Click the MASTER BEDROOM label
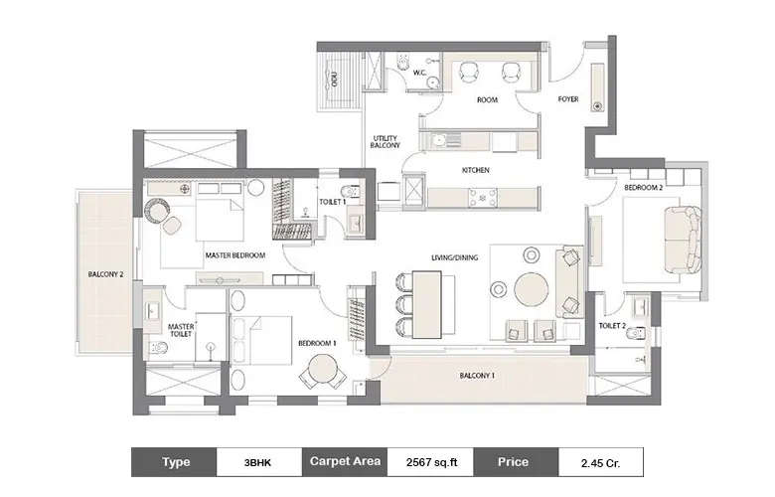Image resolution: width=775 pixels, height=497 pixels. click(235, 255)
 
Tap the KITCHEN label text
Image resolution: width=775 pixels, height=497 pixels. click(476, 170)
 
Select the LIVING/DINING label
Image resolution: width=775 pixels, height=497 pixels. click(454, 257)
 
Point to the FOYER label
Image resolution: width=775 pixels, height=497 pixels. click(568, 99)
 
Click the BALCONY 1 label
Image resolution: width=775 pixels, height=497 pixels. click(478, 376)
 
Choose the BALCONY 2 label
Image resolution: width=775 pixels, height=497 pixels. click(105, 274)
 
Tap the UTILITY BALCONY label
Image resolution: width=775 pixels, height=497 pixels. click(385, 142)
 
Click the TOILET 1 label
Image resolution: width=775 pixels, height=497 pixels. click(332, 201)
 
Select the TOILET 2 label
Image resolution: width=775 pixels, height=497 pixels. click(612, 325)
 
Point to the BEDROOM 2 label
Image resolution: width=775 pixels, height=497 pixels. click(643, 187)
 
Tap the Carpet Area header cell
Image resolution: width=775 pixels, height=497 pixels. click(344, 462)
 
